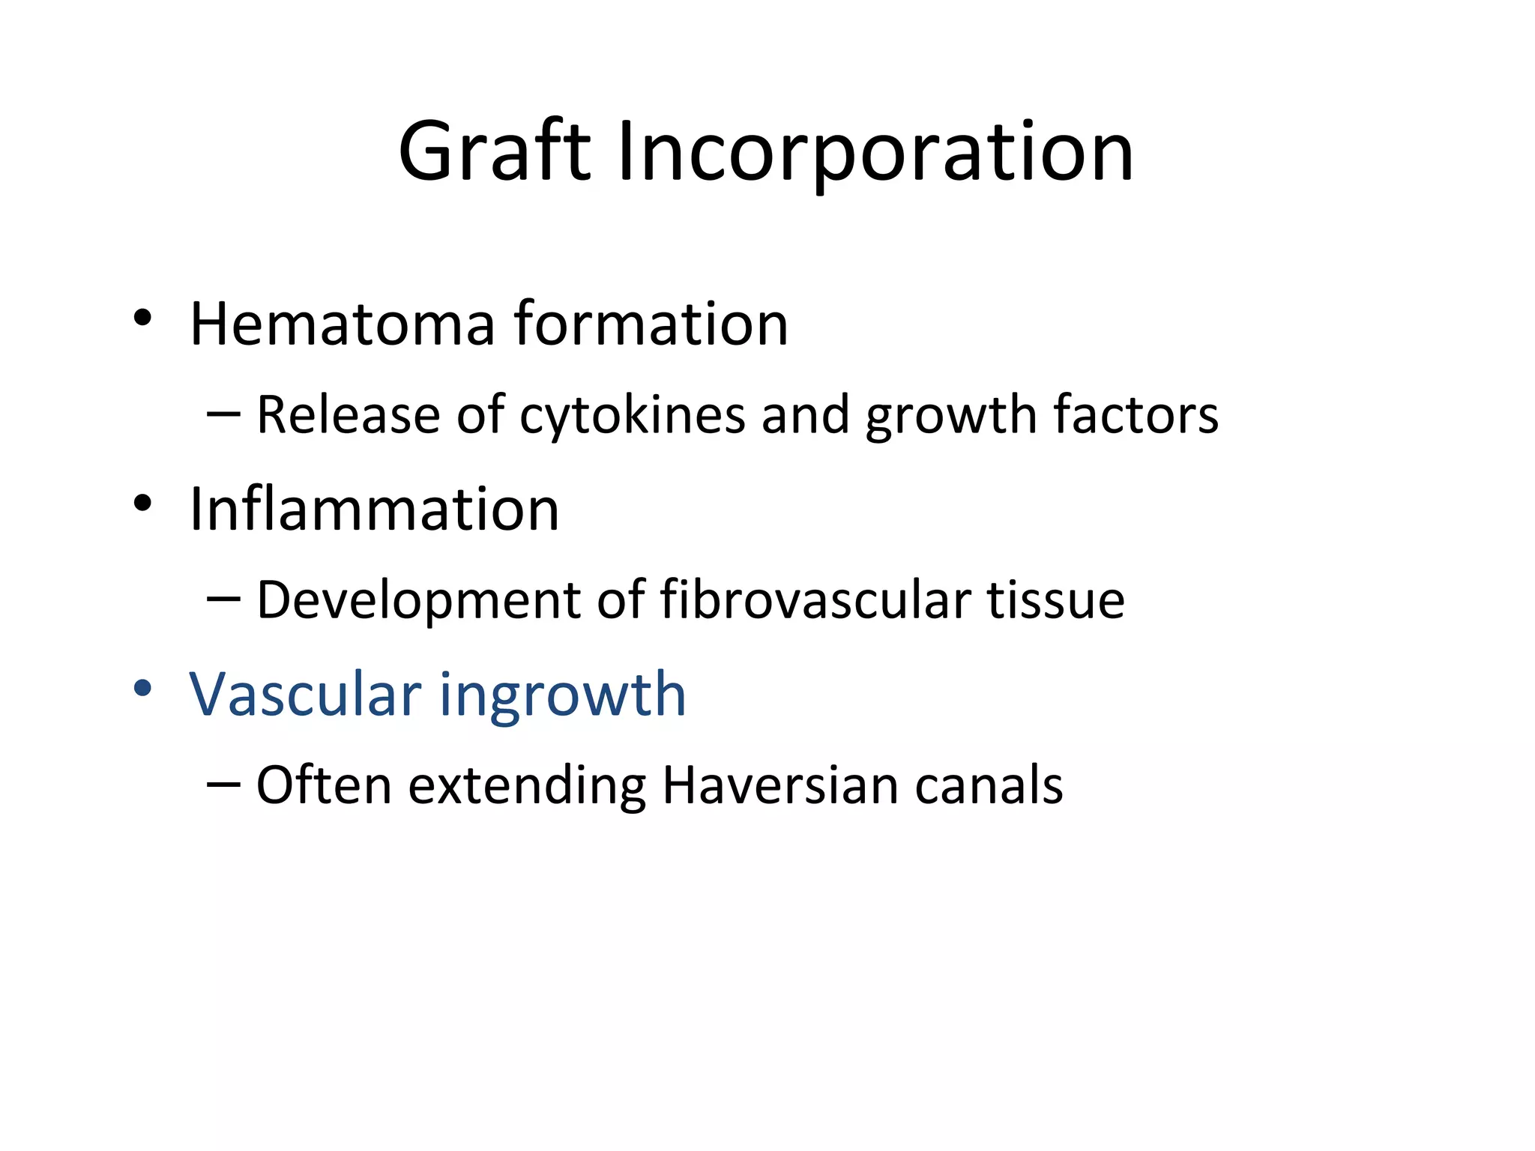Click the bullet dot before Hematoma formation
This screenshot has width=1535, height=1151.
[x=142, y=318]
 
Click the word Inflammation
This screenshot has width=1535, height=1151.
[x=374, y=509]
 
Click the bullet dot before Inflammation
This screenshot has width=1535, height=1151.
[x=142, y=504]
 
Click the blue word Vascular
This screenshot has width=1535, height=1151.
[x=305, y=694]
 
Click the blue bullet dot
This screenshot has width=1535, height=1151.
[x=142, y=688]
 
